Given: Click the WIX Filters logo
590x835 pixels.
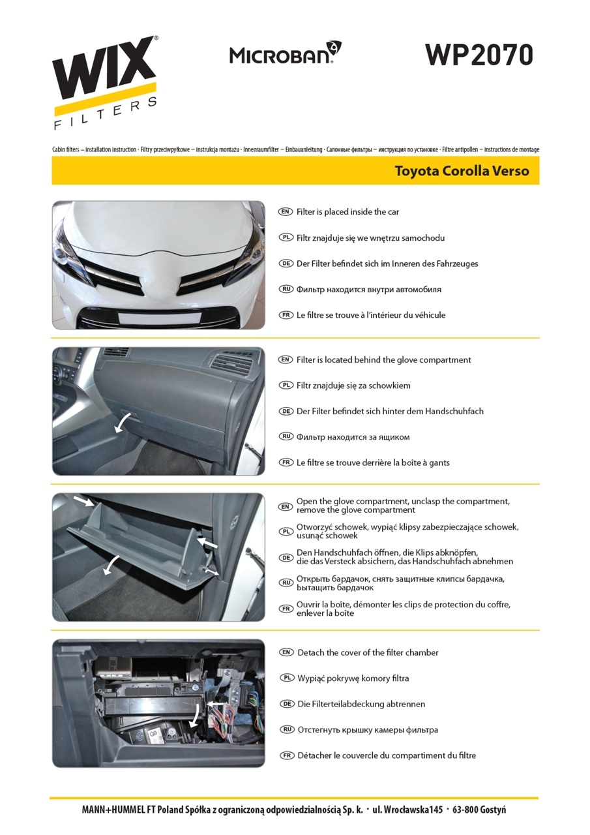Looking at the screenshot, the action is coord(105,82).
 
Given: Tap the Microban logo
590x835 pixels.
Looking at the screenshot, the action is coord(286,53).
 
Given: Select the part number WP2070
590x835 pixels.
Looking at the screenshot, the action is coord(479,55).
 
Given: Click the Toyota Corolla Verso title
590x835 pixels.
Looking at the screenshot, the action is coord(462,171).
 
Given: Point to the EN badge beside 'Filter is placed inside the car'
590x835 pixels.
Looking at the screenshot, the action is coord(286,212).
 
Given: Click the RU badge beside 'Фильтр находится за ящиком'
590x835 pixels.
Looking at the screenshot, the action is coord(286,436).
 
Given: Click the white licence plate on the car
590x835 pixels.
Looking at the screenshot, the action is coord(160,318).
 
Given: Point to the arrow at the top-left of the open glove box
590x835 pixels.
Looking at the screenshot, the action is coord(83,500).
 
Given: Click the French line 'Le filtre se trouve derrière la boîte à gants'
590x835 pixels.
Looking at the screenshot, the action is coord(373,463).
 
